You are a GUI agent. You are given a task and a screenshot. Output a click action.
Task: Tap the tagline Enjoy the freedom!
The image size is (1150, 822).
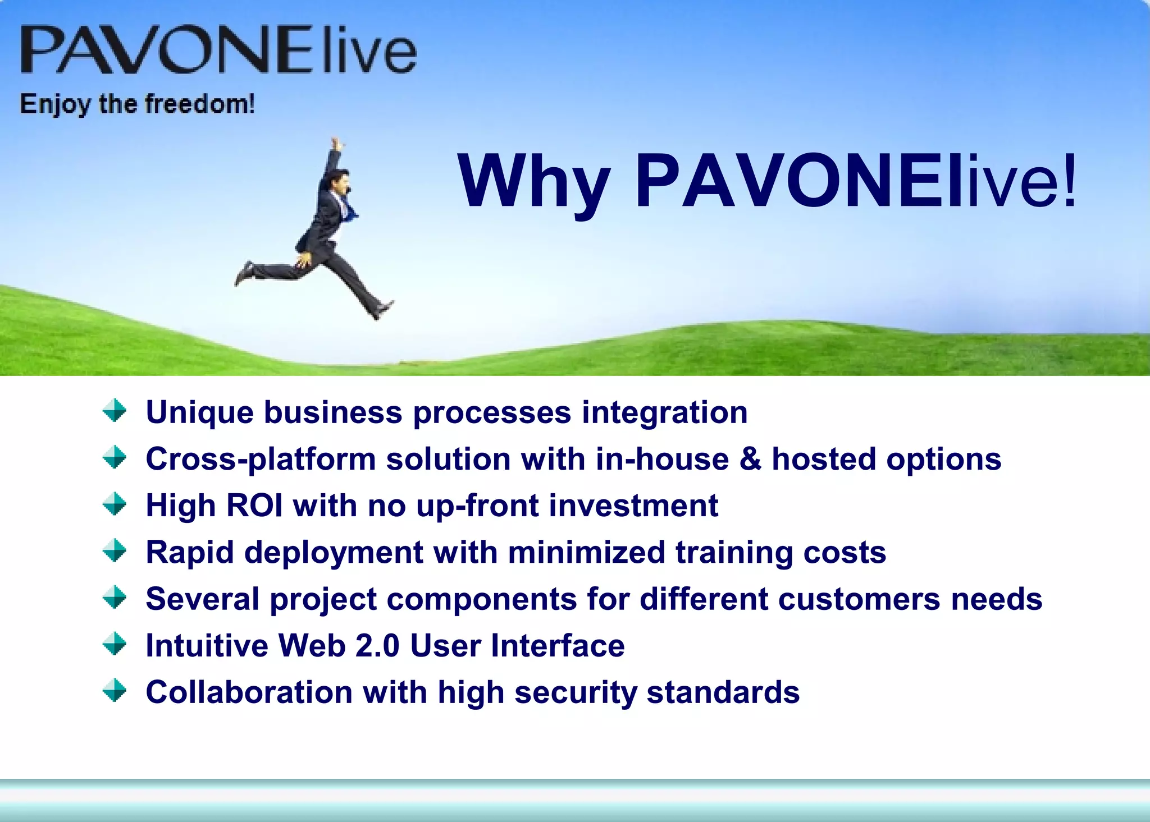[x=138, y=104]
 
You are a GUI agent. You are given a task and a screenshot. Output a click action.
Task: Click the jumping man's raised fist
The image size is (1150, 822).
[x=336, y=143]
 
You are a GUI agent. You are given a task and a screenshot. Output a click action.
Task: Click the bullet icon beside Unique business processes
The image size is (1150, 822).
[x=115, y=411]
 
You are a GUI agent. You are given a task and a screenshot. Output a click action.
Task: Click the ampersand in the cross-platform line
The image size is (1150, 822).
[x=750, y=459]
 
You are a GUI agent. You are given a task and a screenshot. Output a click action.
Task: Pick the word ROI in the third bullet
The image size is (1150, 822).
[x=254, y=506]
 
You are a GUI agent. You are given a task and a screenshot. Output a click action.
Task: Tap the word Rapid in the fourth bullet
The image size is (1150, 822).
[x=189, y=553]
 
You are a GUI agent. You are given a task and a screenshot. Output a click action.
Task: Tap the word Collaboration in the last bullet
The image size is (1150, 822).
[x=249, y=692]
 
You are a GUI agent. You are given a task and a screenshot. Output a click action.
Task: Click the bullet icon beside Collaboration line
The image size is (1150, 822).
[x=115, y=691]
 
